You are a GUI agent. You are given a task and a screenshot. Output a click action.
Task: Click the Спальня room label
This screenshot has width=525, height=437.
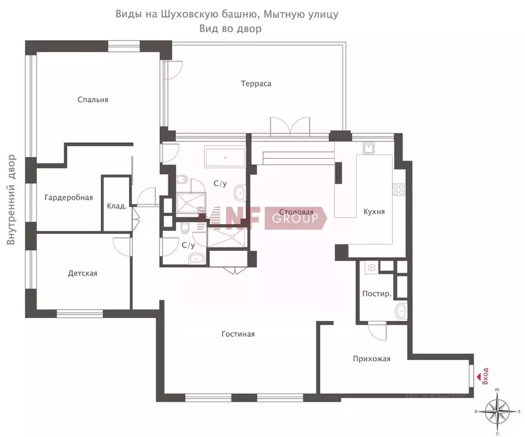click(93, 100)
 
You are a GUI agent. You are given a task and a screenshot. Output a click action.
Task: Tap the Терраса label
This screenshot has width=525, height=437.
click(255, 84)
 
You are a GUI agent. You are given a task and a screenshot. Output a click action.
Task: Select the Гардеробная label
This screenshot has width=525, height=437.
click(68, 198)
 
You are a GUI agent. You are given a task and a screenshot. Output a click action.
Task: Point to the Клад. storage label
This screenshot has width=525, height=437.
click(117, 206)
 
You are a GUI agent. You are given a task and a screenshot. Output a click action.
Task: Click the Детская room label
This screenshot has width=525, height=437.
click(82, 273)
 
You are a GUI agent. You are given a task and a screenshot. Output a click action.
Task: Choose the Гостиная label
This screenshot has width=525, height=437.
click(238, 334)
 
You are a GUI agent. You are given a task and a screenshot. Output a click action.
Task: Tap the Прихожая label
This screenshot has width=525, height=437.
click(371, 358)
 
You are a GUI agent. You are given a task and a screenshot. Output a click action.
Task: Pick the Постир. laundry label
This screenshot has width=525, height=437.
click(377, 294)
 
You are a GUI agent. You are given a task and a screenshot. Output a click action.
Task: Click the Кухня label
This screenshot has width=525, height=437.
click(374, 212)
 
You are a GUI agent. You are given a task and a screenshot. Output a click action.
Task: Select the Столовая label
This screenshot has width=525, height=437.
click(293, 212)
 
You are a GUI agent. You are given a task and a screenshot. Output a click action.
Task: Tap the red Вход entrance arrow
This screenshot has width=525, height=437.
click(478, 370)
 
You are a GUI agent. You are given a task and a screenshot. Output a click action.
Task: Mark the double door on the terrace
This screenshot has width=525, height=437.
click(290, 126)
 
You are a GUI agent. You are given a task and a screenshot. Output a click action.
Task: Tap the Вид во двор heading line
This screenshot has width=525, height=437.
click(230, 28)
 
